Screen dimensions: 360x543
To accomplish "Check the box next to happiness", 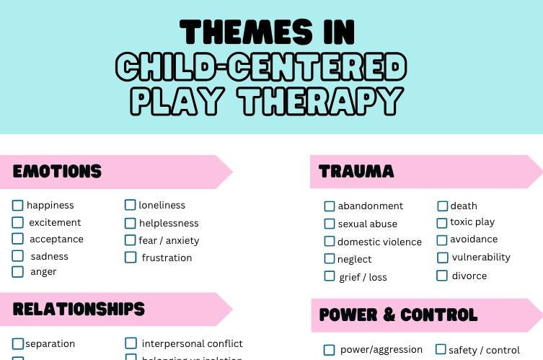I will (18, 206).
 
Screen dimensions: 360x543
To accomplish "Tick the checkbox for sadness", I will (18, 256).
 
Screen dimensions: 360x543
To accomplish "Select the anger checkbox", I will (18, 272).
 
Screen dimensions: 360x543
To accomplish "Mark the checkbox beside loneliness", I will (131, 206).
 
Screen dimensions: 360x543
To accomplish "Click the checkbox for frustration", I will (131, 258).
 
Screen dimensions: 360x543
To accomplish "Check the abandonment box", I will (330, 206).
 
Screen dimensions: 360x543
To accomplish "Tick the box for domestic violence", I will (330, 242).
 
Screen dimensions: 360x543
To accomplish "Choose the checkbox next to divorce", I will (442, 276).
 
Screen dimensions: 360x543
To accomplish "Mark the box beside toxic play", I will (442, 223).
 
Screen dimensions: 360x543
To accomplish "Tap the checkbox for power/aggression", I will (330, 350).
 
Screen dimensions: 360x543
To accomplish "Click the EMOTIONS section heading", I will (58, 172).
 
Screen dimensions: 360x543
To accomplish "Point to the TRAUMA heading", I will (356, 172).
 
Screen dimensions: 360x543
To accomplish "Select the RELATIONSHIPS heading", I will (79, 309).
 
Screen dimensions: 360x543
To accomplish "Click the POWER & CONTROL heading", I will (398, 315).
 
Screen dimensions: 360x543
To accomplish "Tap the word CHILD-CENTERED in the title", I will (261, 68).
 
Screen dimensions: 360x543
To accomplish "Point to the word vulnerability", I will (481, 258).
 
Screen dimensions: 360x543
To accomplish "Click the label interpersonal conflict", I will (192, 344).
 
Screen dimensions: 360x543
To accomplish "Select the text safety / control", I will (484, 351).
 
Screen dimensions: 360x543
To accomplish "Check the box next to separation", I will (18, 344).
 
